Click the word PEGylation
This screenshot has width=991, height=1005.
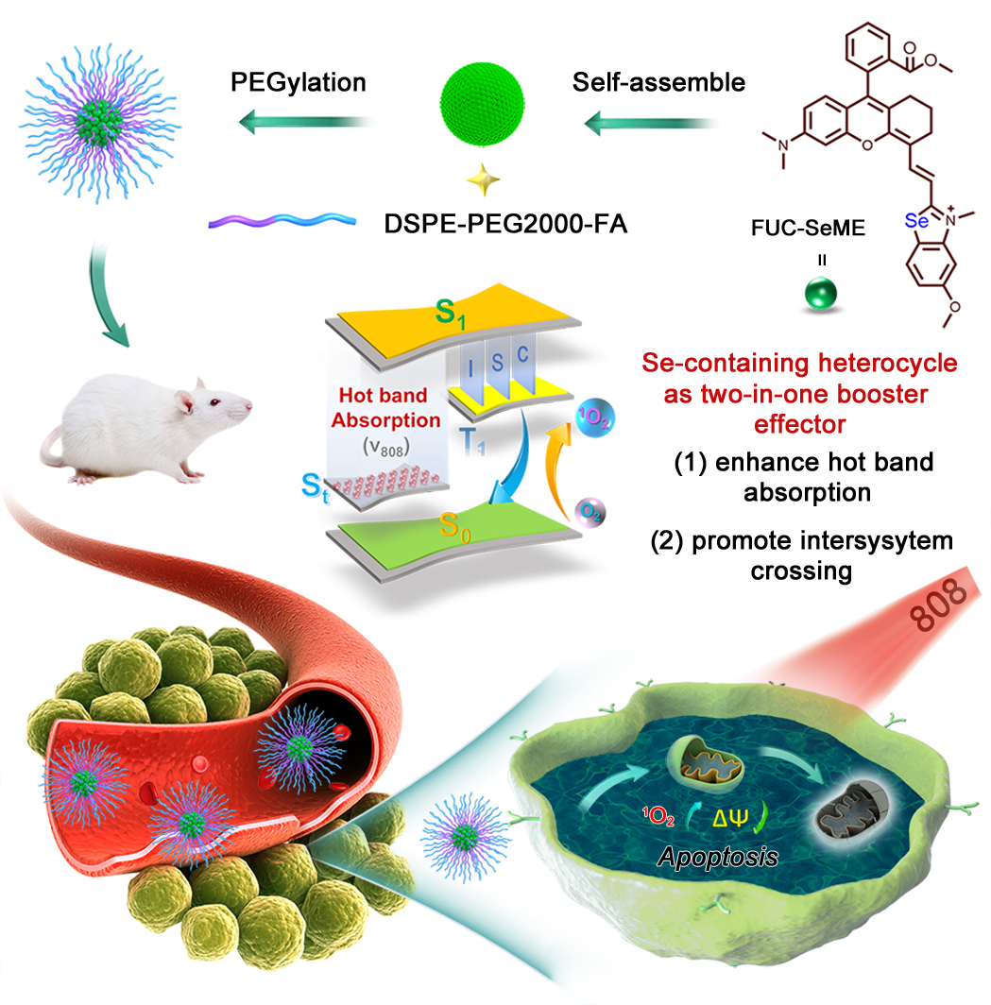tap(299, 82)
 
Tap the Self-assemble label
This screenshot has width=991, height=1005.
tap(658, 82)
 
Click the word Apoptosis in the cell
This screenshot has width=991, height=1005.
tap(717, 858)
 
